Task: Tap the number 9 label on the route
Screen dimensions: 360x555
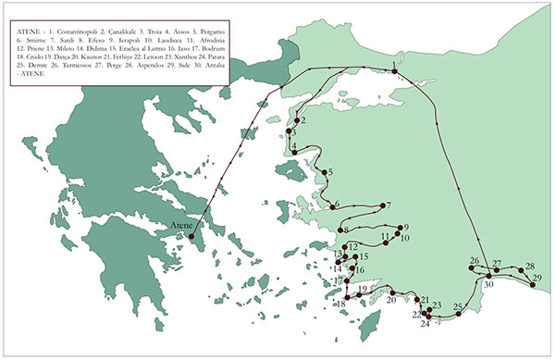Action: click(404, 228)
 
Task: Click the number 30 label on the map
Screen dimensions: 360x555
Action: click(489, 285)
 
